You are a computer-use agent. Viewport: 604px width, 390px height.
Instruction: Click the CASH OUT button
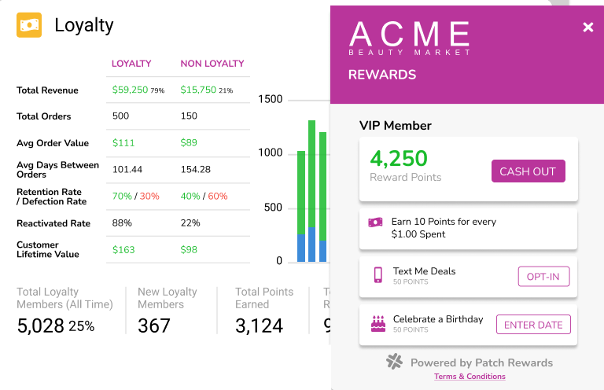pos(528,171)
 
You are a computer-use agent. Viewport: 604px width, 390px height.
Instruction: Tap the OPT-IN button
pos(543,276)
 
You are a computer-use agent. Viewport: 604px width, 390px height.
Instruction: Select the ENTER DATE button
pos(533,325)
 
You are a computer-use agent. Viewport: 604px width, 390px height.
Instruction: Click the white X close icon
pos(587,28)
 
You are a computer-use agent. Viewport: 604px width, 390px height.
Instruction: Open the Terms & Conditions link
pos(470,377)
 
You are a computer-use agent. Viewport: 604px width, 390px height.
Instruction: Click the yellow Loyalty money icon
pos(29,25)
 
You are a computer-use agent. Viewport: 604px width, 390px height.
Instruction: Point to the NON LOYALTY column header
pos(212,64)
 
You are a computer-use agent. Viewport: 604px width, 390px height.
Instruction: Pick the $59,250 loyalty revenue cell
pos(131,90)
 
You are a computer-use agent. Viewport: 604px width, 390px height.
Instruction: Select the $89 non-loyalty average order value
pos(190,143)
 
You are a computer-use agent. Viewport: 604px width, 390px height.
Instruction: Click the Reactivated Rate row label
pos(53,223)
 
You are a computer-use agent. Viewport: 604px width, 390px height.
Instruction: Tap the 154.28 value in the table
pos(196,169)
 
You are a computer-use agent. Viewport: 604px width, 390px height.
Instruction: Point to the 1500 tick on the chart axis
pos(270,100)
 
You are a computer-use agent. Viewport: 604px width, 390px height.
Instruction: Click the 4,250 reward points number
pos(399,158)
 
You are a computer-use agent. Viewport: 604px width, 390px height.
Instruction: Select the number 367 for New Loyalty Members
pos(154,326)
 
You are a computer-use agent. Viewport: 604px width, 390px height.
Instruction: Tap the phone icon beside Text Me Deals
pos(378,275)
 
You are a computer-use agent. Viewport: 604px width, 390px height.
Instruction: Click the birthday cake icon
pos(378,323)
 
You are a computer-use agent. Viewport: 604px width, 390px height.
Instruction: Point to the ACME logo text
pos(410,35)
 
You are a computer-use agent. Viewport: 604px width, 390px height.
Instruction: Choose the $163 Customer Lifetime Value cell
pos(123,250)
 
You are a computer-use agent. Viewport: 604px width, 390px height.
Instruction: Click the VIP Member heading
pos(396,125)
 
